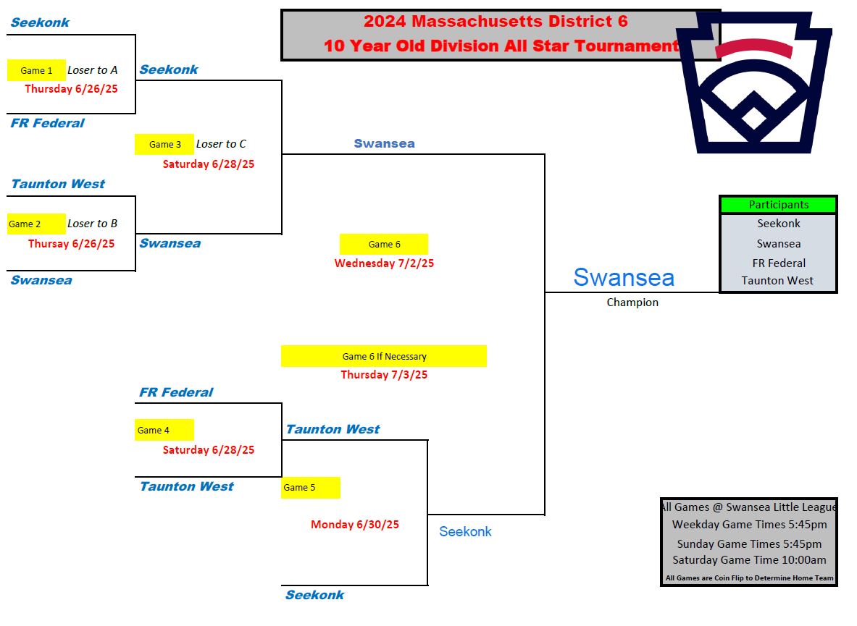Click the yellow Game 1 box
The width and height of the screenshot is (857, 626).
36,70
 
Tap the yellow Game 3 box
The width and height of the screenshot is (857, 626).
164,144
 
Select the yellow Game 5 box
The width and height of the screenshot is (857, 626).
310,487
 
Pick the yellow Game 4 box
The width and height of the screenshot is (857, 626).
164,430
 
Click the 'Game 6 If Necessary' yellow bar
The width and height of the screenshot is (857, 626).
384,356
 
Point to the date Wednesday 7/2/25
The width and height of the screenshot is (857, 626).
384,263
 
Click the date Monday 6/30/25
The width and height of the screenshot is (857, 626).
355,524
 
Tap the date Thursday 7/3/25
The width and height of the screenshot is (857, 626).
384,375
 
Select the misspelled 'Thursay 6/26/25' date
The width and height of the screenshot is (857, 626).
71,244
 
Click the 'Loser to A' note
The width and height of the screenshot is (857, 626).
92,70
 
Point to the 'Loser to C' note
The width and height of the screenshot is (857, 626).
221,144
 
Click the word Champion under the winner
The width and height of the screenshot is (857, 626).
632,303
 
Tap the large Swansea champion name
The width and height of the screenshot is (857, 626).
624,277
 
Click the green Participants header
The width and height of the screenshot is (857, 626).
778,205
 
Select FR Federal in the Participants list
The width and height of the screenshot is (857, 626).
778,263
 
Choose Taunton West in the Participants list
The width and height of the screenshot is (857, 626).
777,281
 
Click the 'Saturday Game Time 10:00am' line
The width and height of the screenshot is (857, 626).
749,559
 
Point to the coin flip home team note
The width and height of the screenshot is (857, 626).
749,578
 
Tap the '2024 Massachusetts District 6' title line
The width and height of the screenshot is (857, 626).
496,22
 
